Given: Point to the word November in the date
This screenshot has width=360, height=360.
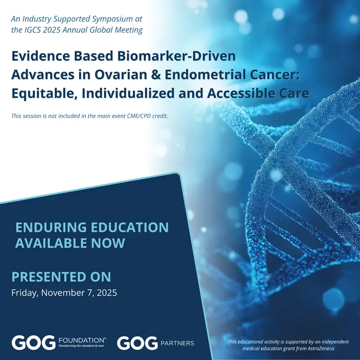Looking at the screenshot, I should coord(64,292).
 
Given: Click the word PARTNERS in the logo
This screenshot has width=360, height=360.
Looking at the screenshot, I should coord(177,343).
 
